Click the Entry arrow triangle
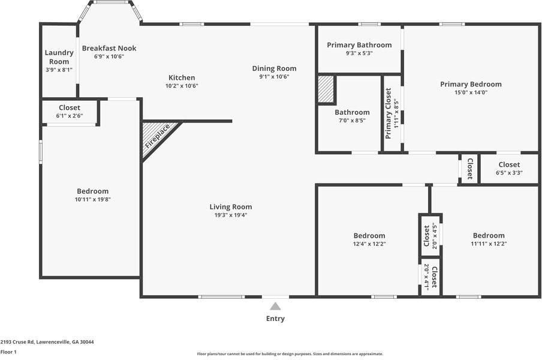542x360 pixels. tap(275, 306)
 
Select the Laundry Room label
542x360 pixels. tap(59, 57)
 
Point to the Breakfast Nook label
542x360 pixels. tap(109, 48)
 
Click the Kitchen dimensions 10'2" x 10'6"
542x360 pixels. tap(181, 86)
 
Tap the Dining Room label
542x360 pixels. tap(274, 68)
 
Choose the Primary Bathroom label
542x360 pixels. tap(359, 45)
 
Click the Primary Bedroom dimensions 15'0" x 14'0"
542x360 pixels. tap(471, 92)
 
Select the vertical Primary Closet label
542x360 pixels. tap(388, 113)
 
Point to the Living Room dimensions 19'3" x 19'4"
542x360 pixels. tap(231, 215)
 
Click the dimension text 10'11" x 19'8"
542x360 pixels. tap(92, 199)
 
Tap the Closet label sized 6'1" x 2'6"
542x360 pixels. tap(70, 108)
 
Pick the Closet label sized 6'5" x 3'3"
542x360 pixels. tap(509, 164)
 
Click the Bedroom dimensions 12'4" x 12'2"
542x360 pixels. tap(369, 244)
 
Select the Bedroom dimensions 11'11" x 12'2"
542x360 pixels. tap(489, 244)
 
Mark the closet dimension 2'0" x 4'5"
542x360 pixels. tap(434, 235)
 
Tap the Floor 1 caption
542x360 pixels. tap(8, 352)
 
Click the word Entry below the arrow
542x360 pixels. tap(275, 319)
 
